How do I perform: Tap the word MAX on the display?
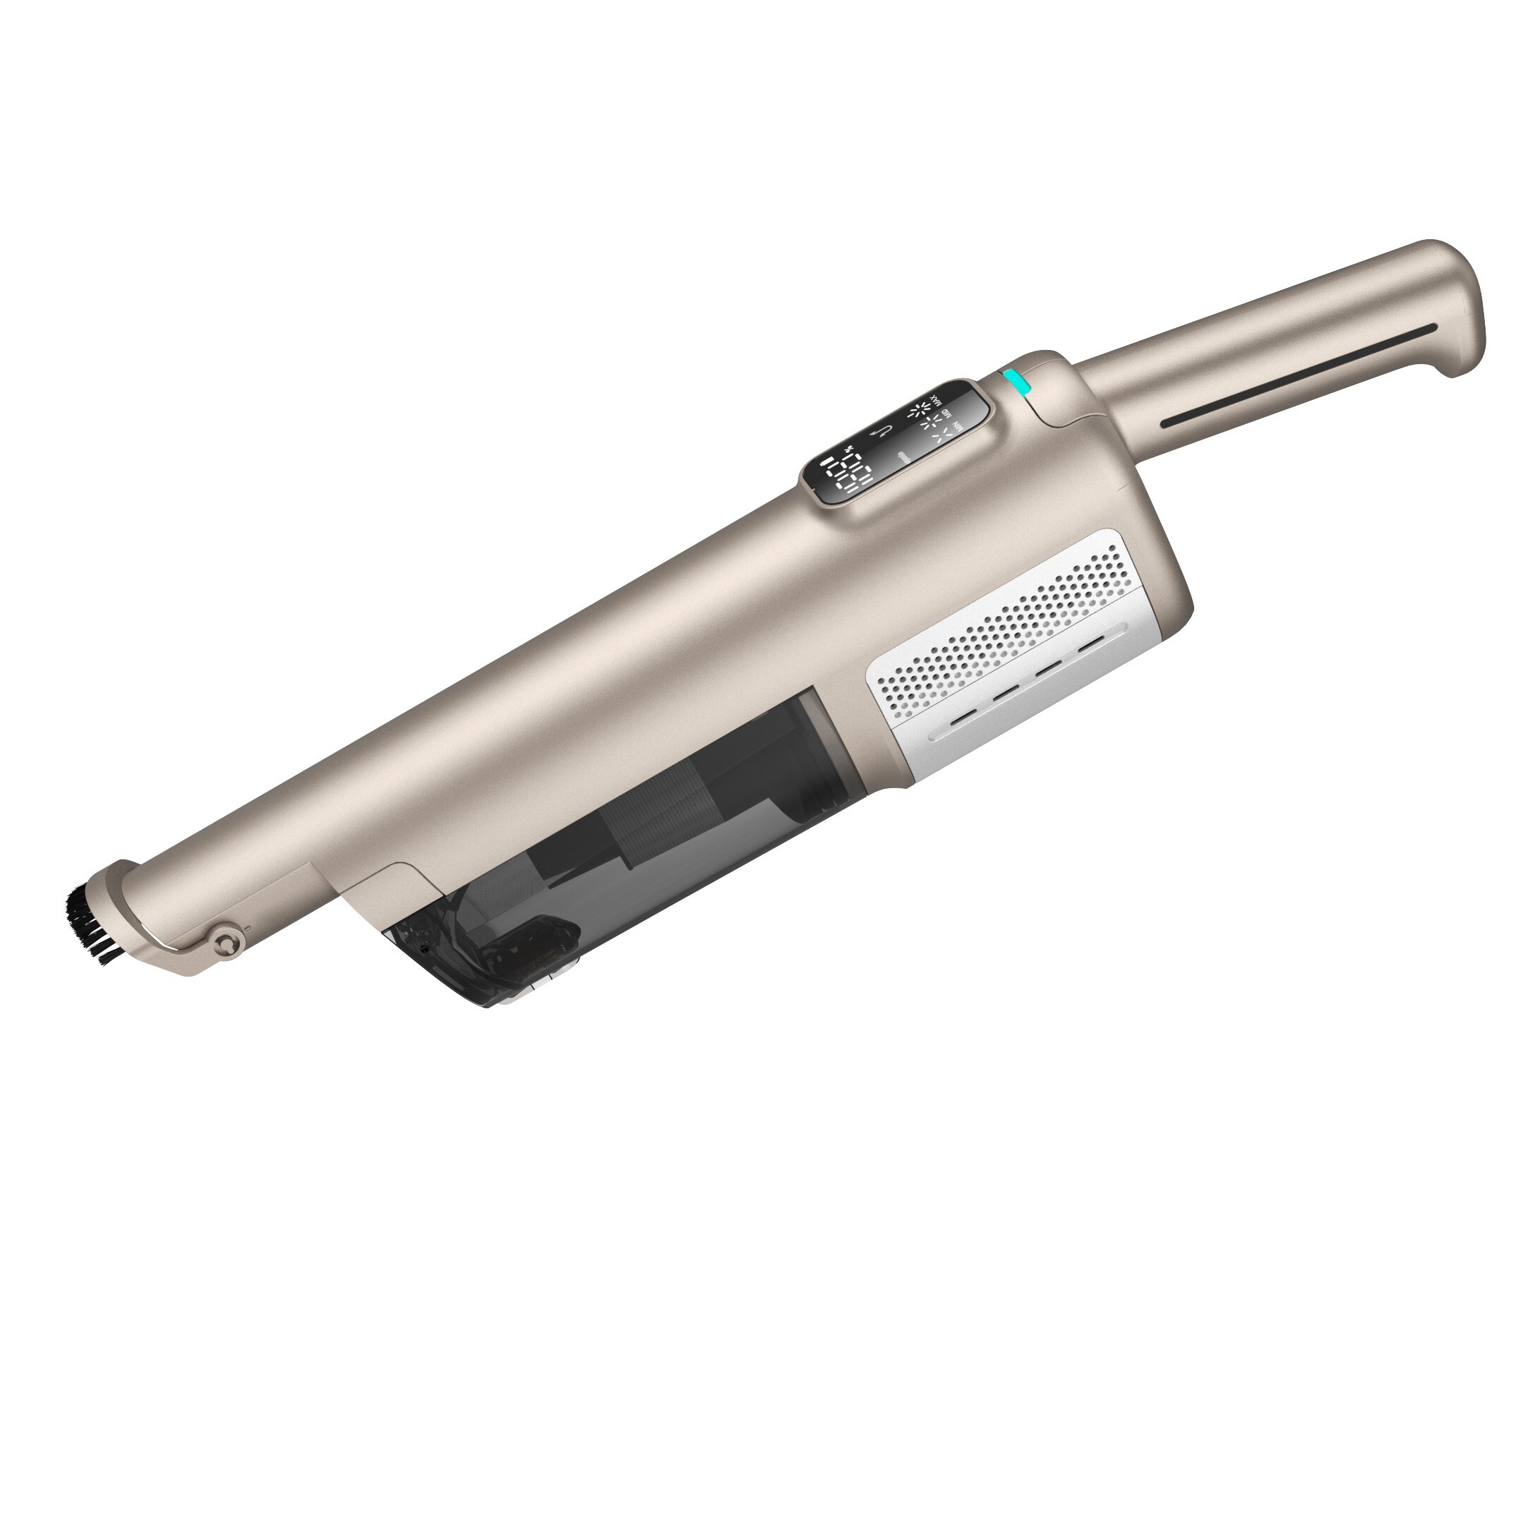tap(937, 402)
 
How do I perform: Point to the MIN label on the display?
tap(958, 427)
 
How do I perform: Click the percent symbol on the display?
tap(848, 449)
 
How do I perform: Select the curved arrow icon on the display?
tap(882, 432)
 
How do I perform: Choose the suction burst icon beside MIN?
tap(943, 436)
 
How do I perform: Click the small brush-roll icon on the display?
tap(905, 458)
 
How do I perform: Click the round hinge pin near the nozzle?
tap(228, 941)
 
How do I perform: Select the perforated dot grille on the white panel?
tap(1025, 622)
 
